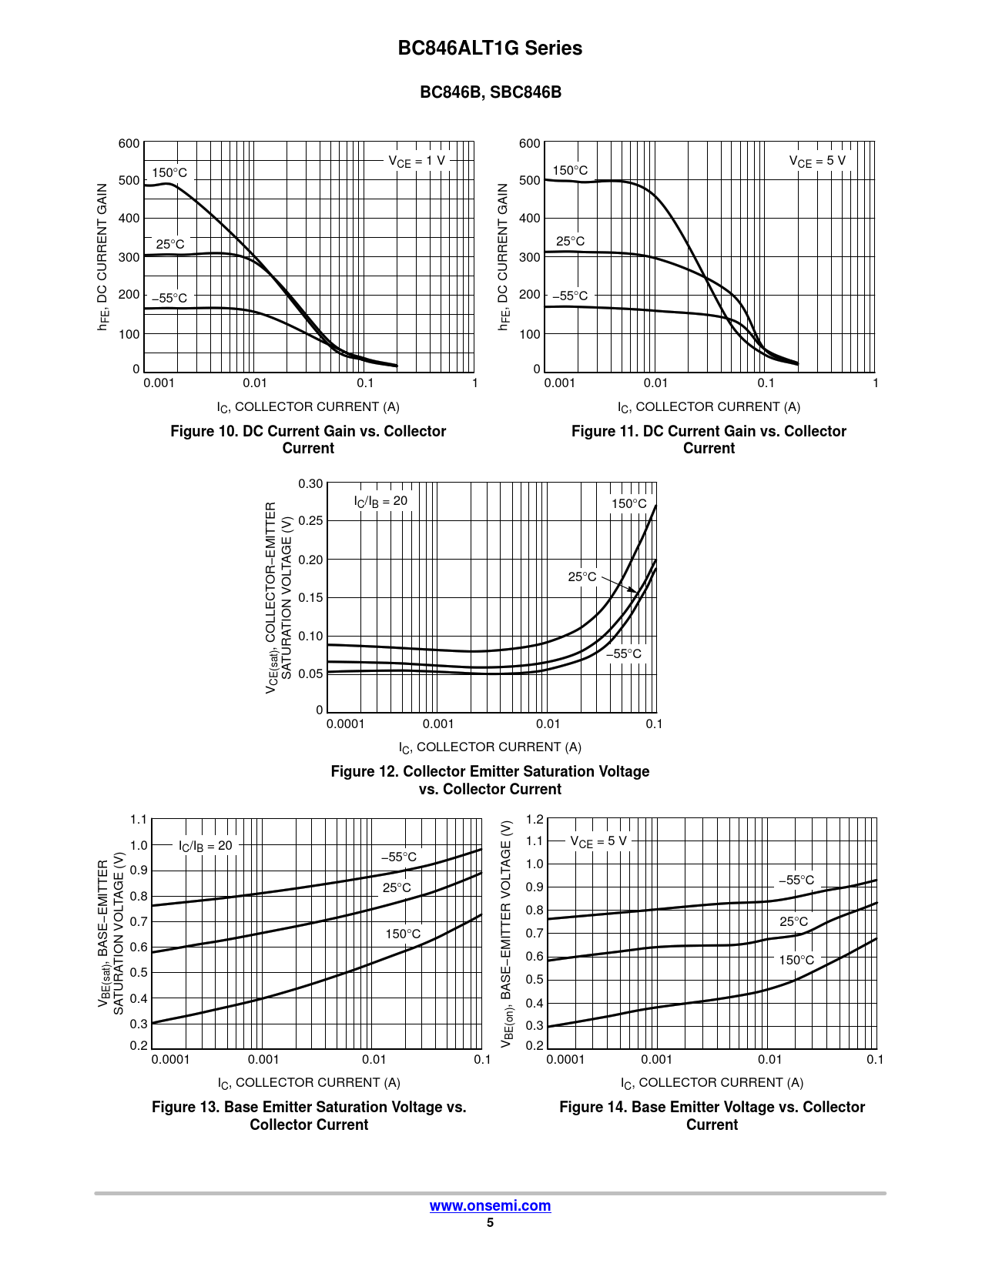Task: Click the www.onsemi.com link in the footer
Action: click(x=490, y=1206)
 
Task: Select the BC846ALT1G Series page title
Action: click(x=490, y=48)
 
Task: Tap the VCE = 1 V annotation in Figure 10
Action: click(x=417, y=161)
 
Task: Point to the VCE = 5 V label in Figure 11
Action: click(x=816, y=161)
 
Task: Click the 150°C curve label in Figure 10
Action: click(x=169, y=173)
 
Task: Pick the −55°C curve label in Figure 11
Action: click(x=570, y=296)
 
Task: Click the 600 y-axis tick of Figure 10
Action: click(x=129, y=144)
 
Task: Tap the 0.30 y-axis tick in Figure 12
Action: click(x=310, y=484)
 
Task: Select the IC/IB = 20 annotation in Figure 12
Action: click(x=380, y=501)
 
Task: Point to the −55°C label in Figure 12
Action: click(x=623, y=654)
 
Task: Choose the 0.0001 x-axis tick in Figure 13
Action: click(x=170, y=1060)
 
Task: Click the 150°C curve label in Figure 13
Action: click(x=403, y=934)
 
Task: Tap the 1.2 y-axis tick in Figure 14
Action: click(x=535, y=820)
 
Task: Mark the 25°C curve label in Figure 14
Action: click(x=793, y=922)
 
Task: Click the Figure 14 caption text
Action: click(x=712, y=1116)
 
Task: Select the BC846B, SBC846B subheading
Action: click(x=490, y=92)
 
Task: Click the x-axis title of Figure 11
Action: click(x=709, y=407)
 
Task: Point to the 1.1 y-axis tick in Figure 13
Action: click(x=139, y=820)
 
